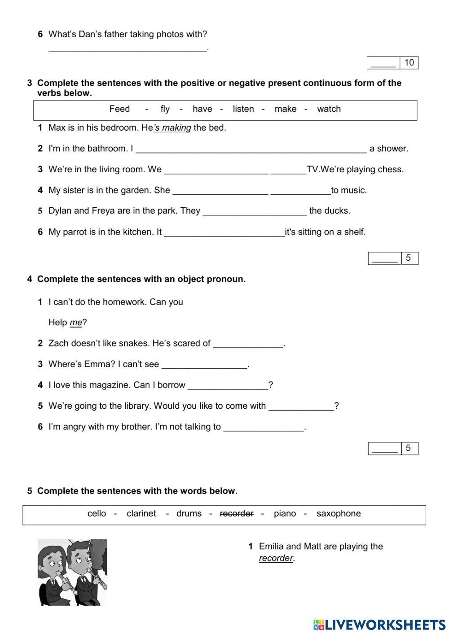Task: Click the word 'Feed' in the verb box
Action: point(119,109)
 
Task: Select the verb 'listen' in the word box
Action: point(243,109)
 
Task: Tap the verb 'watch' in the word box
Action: point(329,109)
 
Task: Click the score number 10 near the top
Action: point(409,63)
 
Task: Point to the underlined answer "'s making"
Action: point(172,128)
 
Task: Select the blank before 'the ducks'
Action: point(255,211)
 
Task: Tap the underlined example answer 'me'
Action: point(76,323)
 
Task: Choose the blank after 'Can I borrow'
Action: point(228,385)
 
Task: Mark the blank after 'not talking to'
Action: point(264,427)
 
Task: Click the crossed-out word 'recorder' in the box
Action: point(237,514)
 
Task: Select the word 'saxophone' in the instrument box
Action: point(339,514)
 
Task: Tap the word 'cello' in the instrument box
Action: point(97,514)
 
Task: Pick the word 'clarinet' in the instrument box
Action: point(141,514)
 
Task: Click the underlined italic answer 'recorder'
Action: point(276,559)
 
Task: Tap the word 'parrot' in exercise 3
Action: point(75,232)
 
